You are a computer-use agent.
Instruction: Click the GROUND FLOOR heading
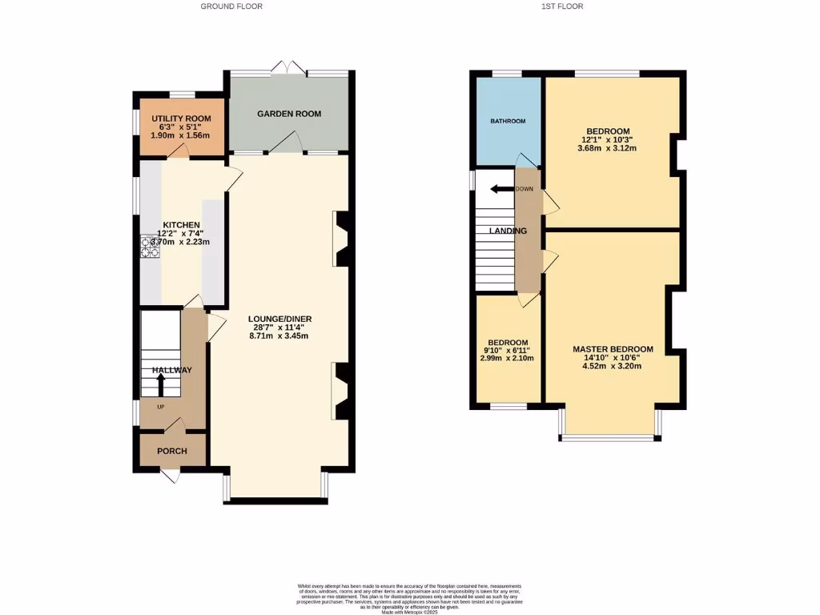231,6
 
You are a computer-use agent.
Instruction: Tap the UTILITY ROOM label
181,119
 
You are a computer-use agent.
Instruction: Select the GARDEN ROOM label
289,114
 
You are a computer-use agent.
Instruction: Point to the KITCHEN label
182,225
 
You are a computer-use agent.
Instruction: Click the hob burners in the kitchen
149,247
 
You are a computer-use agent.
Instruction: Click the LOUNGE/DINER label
279,319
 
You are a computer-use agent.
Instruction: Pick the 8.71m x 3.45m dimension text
279,336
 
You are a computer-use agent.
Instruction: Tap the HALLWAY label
172,370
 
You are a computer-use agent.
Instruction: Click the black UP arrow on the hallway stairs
160,385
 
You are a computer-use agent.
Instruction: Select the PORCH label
172,451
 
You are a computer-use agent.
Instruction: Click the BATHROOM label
508,121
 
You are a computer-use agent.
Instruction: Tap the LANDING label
508,231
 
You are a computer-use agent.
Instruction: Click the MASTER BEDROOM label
613,349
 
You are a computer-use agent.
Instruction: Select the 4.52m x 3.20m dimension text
613,366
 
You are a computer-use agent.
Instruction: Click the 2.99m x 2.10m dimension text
508,358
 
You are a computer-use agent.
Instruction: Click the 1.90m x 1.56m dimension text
181,136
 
